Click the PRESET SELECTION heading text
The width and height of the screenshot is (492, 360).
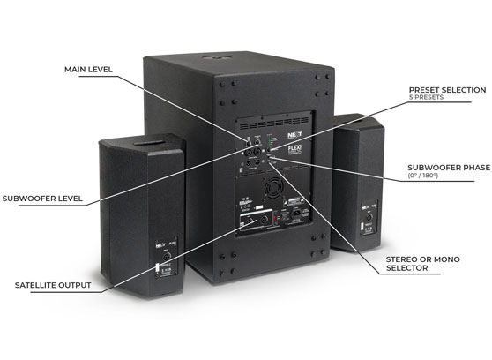click(447, 89)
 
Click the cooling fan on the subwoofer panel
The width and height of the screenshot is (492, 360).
click(266, 195)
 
